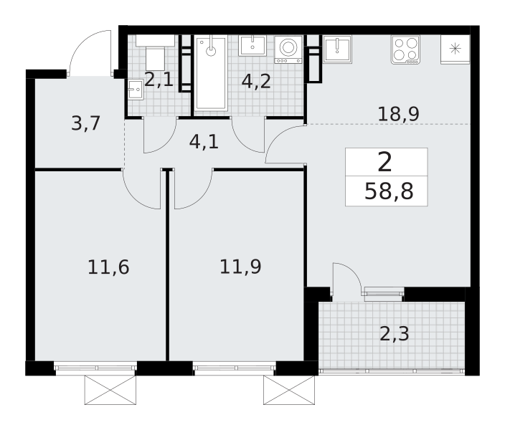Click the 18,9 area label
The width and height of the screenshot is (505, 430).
(x=398, y=114)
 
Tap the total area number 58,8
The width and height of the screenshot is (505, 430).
(x=389, y=191)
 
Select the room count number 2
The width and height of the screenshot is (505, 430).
(x=385, y=162)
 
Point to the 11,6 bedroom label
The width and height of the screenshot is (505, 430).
(x=108, y=267)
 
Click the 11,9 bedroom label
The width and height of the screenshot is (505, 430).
(x=240, y=267)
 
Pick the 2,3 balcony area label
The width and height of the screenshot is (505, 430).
(x=395, y=334)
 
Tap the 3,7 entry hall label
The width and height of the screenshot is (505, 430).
(x=85, y=123)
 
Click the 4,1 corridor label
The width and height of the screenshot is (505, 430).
(x=204, y=142)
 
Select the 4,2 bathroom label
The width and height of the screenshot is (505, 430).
(x=256, y=81)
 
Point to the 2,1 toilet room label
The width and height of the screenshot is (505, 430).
(x=159, y=80)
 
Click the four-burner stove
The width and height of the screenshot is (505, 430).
(x=406, y=50)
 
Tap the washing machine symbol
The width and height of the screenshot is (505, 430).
(x=288, y=49)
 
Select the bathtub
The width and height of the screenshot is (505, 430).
(x=211, y=73)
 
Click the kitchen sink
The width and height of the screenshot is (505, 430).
(x=337, y=49)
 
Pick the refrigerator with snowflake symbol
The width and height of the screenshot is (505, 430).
(x=455, y=49)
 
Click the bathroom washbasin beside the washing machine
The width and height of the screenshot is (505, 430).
(x=252, y=45)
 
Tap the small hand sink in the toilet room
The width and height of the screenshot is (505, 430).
(x=136, y=90)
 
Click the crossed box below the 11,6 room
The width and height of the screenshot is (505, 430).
(x=110, y=390)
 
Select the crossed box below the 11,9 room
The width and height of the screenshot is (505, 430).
(x=289, y=390)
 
